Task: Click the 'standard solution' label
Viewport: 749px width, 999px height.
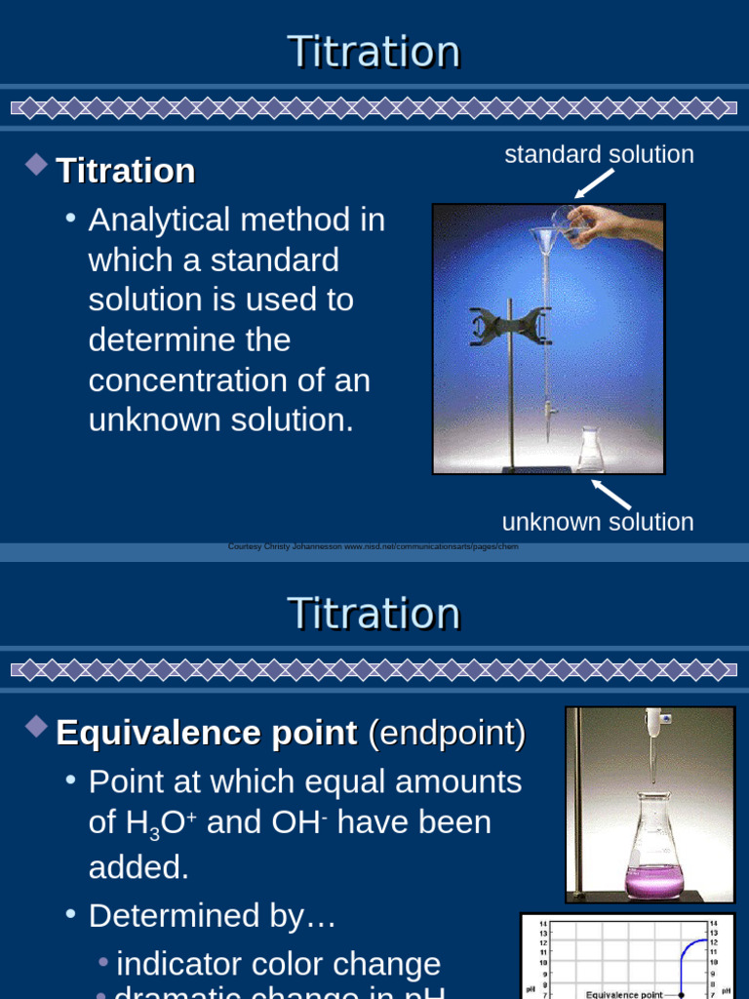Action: coord(599,154)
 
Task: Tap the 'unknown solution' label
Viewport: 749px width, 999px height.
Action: coord(597,522)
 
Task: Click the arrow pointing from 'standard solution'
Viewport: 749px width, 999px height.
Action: coord(594,183)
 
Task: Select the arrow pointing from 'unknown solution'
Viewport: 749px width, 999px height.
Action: coord(611,494)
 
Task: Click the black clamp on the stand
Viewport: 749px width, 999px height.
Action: coord(510,326)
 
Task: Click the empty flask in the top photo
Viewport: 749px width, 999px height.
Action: coord(590,451)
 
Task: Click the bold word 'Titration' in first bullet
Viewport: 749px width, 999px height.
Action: coord(126,171)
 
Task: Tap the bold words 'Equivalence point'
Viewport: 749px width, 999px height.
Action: coord(207,733)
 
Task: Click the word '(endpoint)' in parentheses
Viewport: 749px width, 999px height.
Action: coord(446,733)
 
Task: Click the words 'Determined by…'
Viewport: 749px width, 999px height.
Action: coord(212,916)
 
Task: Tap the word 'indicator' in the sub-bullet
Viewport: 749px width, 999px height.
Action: coord(184,964)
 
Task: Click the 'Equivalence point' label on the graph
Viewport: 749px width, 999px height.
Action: coord(624,994)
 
